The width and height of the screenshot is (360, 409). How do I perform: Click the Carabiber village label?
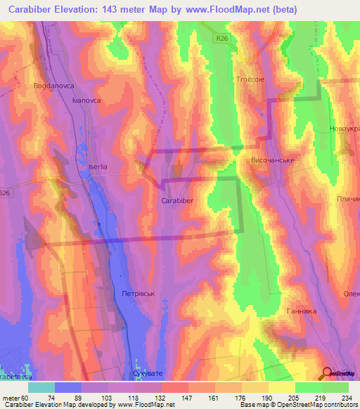(x=177, y=201)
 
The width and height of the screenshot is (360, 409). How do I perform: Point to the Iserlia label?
(x=97, y=167)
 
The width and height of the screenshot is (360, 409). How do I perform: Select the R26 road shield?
(x=222, y=41)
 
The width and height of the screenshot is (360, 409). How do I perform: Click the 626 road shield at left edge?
(x=6, y=193)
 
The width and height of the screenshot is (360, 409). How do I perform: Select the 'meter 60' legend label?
(x=15, y=397)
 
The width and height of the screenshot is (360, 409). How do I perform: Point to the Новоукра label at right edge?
(x=344, y=130)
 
